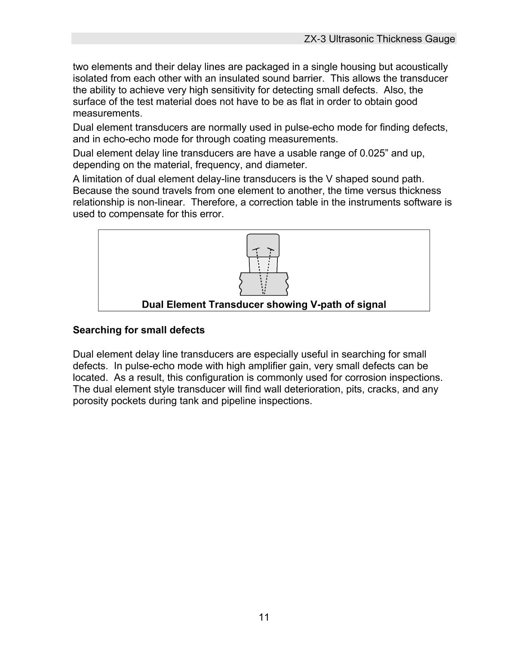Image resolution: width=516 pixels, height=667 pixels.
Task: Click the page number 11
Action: (x=264, y=618)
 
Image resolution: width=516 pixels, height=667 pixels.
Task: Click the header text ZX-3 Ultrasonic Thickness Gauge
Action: (x=379, y=39)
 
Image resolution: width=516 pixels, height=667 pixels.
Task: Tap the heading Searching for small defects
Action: (x=138, y=330)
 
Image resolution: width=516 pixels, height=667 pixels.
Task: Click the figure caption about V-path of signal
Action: (x=264, y=305)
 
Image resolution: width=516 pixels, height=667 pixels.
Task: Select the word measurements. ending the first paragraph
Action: (x=107, y=113)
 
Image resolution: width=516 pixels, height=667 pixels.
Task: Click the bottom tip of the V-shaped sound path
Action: (x=264, y=294)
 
